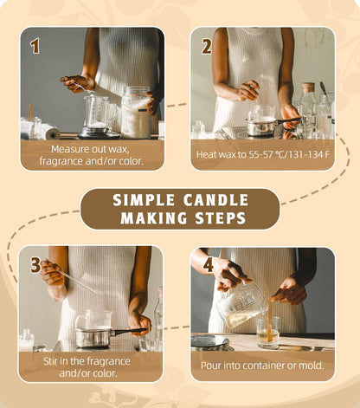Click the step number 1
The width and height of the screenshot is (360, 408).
tap(35, 46)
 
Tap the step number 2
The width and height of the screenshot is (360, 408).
tap(207, 46)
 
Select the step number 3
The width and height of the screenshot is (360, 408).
tap(35, 264)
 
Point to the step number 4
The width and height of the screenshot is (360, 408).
tap(208, 264)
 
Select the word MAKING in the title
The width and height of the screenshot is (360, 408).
tap(151, 218)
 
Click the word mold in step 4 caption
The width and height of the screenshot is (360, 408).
tap(309, 365)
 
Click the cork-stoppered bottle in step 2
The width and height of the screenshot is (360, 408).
tap(307, 108)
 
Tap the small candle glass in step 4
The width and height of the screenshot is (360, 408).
tap(267, 331)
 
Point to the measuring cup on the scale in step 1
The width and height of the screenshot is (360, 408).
tap(96, 113)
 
